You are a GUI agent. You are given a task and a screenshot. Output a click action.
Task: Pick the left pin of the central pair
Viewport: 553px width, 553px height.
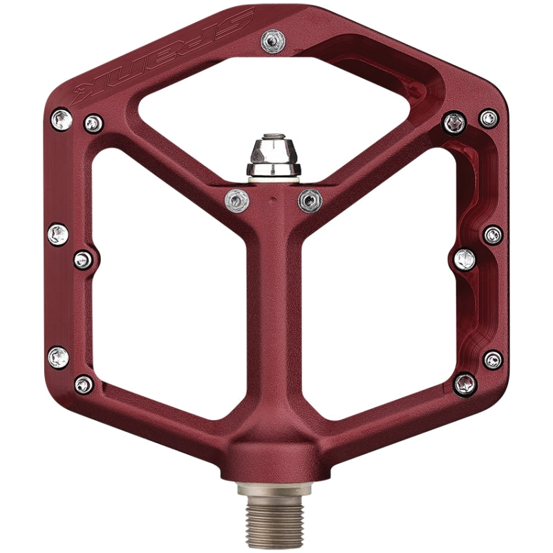click(x=236, y=200)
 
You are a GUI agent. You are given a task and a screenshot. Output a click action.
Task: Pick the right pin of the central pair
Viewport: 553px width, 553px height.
click(x=310, y=200)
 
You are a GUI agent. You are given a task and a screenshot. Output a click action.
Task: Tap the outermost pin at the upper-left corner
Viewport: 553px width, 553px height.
click(x=62, y=120)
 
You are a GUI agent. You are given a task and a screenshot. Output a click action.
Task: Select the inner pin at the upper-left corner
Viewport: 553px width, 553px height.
click(x=93, y=124)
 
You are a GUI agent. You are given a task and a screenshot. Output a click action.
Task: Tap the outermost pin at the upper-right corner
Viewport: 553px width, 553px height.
click(x=489, y=118)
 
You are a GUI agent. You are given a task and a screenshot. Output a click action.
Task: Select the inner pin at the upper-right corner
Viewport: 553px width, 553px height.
click(x=454, y=123)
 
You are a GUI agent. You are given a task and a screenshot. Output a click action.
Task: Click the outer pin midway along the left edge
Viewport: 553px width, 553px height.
click(x=58, y=234)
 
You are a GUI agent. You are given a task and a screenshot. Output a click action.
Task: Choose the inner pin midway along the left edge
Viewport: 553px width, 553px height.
click(x=84, y=259)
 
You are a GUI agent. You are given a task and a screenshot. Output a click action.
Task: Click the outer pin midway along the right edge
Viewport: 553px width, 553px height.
click(x=493, y=235)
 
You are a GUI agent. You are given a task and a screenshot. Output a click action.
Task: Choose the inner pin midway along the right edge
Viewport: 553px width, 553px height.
click(x=465, y=260)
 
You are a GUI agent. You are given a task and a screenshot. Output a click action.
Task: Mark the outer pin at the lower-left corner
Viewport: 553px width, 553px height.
click(x=59, y=357)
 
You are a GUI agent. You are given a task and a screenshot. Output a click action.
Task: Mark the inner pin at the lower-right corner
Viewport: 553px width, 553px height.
click(x=465, y=383)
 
